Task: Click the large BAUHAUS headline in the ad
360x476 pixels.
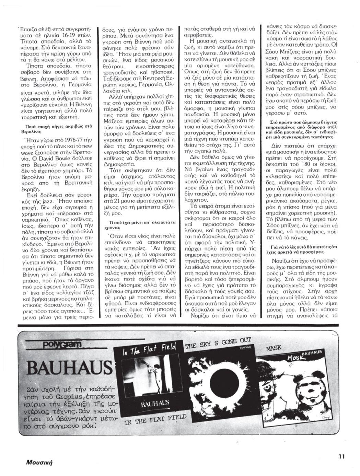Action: [x=70, y=368]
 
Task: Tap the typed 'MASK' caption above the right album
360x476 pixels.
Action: [x=274, y=348]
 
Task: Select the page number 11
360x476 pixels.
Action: [x=342, y=456]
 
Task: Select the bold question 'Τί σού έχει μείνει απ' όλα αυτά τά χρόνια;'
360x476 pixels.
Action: [x=137, y=225]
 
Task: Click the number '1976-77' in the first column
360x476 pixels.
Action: [x=71, y=140]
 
